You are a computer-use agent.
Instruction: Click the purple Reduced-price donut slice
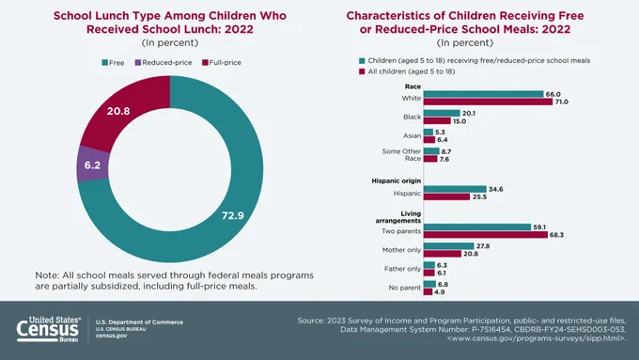click(x=93, y=164)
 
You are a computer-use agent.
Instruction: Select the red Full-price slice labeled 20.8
click(x=122, y=110)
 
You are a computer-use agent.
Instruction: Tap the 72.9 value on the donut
click(x=233, y=215)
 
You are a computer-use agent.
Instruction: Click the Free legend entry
click(x=113, y=62)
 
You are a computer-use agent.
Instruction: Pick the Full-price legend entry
click(x=222, y=62)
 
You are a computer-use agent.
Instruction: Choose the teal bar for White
click(x=483, y=94)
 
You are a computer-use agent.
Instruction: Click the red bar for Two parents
click(x=486, y=235)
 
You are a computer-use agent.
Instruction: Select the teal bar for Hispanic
click(x=455, y=189)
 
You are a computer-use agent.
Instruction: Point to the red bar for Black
click(x=437, y=121)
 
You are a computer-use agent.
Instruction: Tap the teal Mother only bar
click(x=448, y=246)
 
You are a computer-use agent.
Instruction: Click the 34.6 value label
click(x=496, y=189)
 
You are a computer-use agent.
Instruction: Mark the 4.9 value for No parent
click(x=440, y=292)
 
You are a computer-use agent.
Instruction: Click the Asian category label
click(x=412, y=135)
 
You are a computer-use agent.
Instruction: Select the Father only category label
click(x=402, y=269)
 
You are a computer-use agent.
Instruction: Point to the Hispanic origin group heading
click(x=397, y=180)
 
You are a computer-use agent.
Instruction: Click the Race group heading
click(x=413, y=86)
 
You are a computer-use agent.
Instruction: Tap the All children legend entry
click(x=407, y=71)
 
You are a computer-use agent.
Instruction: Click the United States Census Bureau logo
click(x=49, y=329)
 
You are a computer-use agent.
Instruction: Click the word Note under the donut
click(x=46, y=275)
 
